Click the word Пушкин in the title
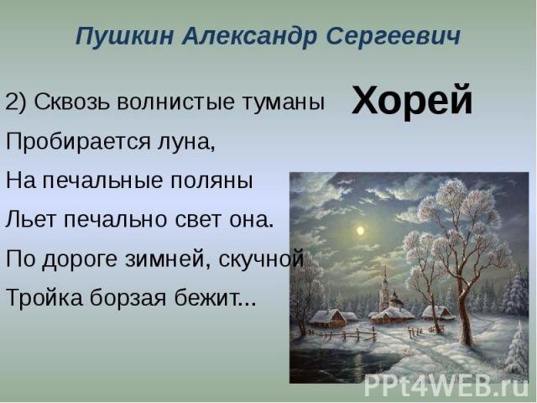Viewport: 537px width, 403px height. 124,36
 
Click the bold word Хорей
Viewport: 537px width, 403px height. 412,100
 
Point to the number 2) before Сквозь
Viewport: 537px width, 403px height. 16,102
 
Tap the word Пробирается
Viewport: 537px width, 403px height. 78,141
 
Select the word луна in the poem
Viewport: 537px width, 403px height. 186,143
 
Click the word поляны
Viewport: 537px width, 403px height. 211,181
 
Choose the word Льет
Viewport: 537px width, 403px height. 30,219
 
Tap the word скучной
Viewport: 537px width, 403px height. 261,259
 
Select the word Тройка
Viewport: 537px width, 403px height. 44,296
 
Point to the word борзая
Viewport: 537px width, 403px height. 128,297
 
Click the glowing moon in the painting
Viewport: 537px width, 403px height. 360,231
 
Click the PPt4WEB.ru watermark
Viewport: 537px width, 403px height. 446,385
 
